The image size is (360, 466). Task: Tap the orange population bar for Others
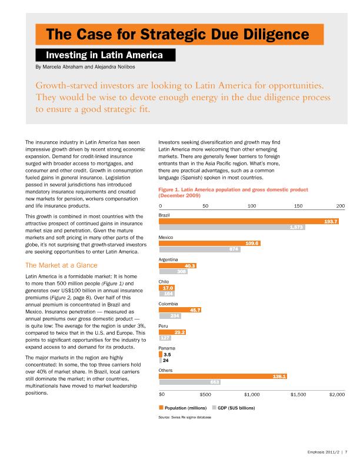224,377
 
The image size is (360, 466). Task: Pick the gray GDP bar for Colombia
170,316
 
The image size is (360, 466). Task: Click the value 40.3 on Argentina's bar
190,266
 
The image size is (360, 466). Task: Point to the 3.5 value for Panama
167,355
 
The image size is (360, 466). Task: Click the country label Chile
164,282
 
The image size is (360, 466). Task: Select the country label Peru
164,326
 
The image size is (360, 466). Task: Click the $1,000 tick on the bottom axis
252,394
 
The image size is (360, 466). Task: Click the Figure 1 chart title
234,193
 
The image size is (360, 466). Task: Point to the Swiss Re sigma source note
185,417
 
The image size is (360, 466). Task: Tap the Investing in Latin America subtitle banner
106,55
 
